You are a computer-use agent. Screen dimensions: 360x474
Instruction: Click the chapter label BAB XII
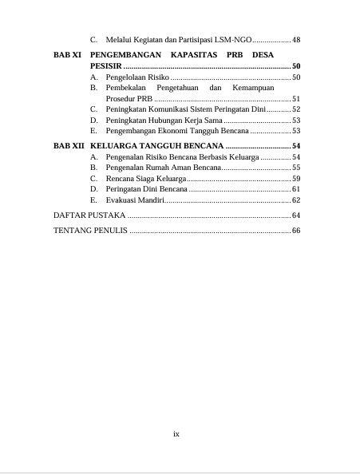(69, 146)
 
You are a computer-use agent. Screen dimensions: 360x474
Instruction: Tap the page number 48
(296, 39)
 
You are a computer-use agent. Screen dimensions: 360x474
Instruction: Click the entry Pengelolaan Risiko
(137, 77)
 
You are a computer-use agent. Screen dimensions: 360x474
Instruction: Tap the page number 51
(296, 99)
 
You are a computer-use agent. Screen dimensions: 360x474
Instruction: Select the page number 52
(296, 109)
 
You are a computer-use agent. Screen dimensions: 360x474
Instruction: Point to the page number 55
(296, 168)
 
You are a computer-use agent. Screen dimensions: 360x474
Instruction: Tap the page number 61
(296, 189)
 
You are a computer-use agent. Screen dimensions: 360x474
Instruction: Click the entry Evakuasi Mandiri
(135, 199)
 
